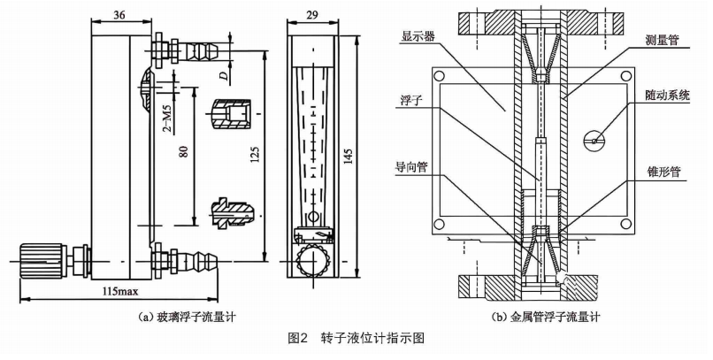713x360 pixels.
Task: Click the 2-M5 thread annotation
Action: click(x=167, y=119)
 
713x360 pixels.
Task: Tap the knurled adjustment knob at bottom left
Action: click(x=43, y=257)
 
